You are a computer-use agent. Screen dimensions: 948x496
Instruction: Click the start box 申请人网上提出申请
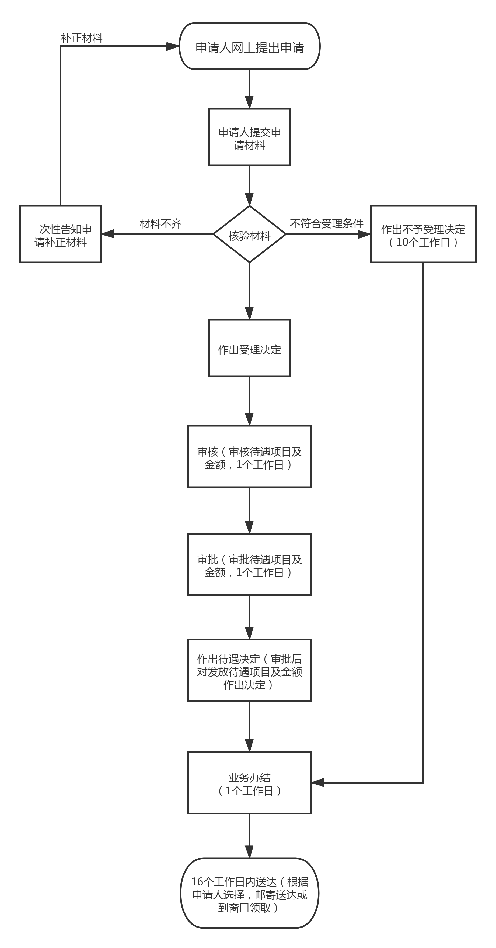[x=249, y=46]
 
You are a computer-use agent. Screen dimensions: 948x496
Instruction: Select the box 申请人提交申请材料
[x=249, y=137]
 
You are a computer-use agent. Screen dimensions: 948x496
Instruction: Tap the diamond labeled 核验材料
[x=249, y=234]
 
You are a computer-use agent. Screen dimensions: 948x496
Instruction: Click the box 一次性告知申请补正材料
[x=60, y=234]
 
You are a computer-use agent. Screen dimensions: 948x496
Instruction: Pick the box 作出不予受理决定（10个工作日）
[x=423, y=234]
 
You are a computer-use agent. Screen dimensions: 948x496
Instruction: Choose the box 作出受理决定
[x=249, y=348]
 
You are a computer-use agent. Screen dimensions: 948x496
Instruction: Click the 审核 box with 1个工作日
[x=249, y=456]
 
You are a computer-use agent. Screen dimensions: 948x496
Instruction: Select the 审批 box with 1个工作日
[x=249, y=564]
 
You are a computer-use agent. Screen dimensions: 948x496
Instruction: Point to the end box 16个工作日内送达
[x=249, y=894]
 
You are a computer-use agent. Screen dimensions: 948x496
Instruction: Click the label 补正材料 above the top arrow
[x=82, y=38]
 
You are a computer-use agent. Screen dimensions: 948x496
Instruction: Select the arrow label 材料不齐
[x=161, y=223]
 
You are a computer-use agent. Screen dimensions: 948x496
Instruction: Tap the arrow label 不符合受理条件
[x=327, y=223]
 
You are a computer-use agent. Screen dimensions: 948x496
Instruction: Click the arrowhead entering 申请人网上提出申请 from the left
[x=173, y=46]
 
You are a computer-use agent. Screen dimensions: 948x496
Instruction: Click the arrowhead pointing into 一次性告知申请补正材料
[x=107, y=234]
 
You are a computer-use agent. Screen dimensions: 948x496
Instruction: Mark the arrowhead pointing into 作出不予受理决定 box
[x=364, y=234]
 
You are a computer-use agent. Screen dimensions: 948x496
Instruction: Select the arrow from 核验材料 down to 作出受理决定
[x=249, y=291]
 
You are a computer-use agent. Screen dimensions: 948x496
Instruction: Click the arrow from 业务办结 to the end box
[x=249, y=835]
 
